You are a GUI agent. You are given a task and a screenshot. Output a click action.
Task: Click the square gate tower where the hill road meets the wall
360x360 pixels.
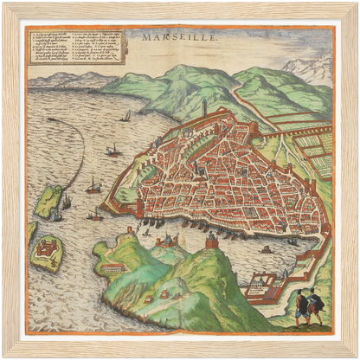point(260,132)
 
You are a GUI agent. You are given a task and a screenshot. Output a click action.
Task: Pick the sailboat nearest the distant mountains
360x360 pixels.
point(126,116)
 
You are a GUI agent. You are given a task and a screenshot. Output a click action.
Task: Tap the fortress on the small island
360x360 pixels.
point(48,252)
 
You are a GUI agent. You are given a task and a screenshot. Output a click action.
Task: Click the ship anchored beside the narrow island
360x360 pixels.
point(66,203)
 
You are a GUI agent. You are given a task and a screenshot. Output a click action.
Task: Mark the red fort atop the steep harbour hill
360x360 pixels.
point(210,246)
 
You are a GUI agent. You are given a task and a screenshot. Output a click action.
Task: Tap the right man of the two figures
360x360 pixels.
point(315,305)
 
